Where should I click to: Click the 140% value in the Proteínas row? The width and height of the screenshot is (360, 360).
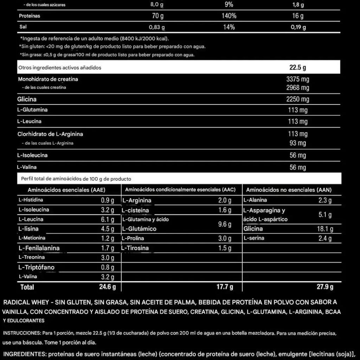229,16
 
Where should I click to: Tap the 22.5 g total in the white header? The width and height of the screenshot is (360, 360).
297,67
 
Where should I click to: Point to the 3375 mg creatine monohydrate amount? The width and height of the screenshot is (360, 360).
297,79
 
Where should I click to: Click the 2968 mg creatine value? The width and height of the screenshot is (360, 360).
297,88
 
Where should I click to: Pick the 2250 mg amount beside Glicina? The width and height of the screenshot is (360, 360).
297,99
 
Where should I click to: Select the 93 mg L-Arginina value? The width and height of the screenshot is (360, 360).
297,143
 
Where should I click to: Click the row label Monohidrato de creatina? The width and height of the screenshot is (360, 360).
48,79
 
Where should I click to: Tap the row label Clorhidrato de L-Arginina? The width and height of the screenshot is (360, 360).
50,134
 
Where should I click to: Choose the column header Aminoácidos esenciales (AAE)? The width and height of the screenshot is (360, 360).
66,190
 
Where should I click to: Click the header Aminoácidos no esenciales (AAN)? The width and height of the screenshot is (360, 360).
289,190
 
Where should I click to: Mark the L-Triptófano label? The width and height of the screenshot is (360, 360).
37,267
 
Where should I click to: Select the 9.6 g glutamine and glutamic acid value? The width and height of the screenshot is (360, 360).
225,224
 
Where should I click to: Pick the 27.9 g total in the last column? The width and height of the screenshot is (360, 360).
325,287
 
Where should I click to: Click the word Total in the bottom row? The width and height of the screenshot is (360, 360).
27,287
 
